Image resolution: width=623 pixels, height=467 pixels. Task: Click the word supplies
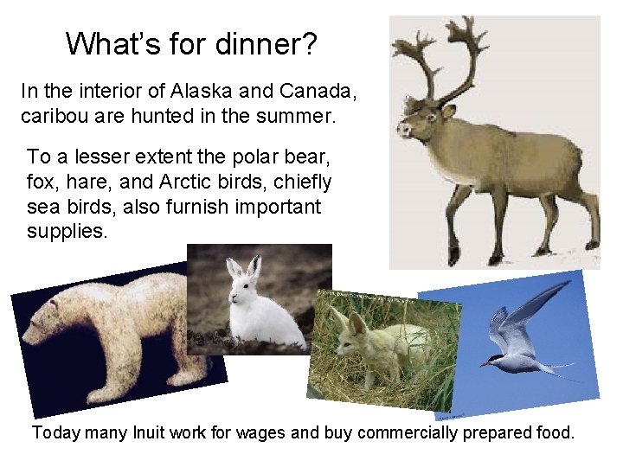point(67,232)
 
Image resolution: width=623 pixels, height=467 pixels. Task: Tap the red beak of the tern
point(486,363)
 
